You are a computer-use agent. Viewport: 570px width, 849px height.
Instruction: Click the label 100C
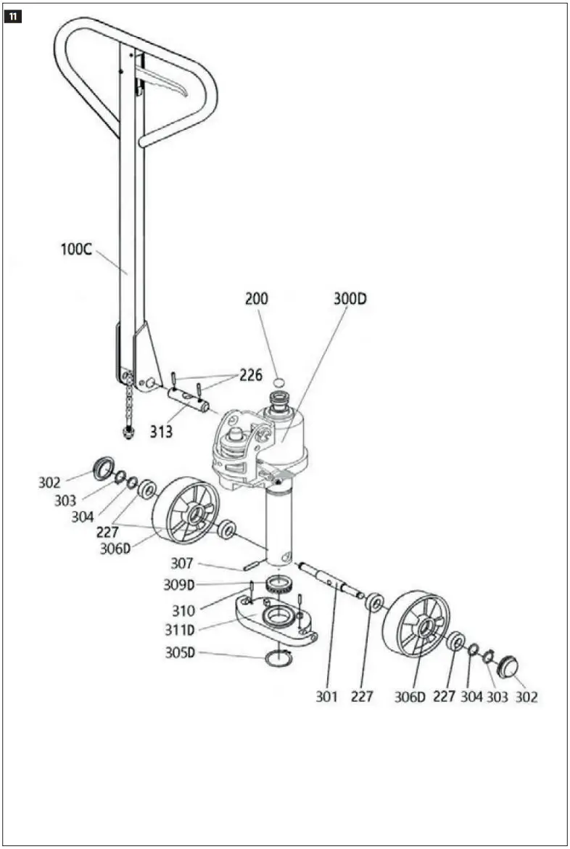pos(76,250)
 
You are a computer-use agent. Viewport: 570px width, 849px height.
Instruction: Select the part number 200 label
pos(257,298)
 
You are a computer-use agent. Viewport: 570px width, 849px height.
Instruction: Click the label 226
pos(251,376)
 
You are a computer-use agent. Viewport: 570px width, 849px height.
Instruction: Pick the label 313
pos(161,432)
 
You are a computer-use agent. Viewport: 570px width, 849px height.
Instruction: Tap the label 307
pos(182,563)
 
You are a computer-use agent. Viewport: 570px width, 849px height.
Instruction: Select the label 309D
pos(179,585)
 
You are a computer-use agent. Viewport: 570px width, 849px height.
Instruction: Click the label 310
pos(184,610)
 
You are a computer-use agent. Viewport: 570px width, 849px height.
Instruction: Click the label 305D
pos(181,652)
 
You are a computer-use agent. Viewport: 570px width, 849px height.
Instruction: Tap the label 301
pos(327,697)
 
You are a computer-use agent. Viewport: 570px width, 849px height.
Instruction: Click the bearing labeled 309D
pos(278,585)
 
